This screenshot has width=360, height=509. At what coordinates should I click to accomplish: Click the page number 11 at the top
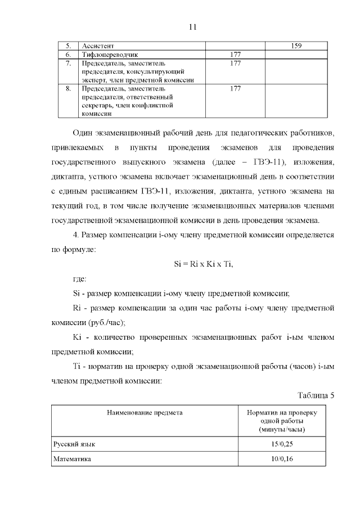193,26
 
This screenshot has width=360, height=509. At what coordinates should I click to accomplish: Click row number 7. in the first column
68,64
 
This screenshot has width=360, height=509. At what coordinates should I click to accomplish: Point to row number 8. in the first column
68,89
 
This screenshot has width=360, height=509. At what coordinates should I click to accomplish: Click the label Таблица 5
316,395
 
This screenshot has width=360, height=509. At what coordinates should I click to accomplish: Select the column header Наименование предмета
145,412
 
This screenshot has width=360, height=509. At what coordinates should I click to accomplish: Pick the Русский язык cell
74,444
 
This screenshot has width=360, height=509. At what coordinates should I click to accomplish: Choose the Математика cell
73,459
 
